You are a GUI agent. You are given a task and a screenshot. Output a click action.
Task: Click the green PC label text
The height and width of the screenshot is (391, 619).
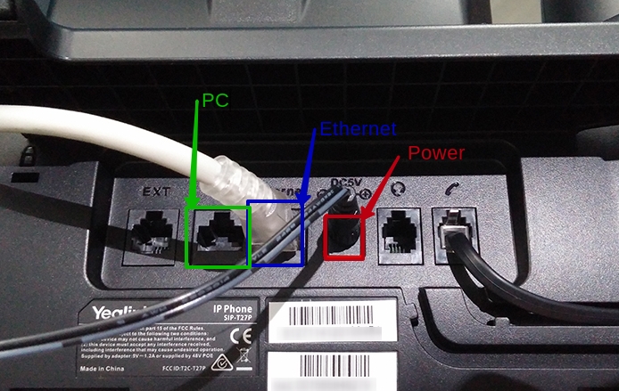[215, 100]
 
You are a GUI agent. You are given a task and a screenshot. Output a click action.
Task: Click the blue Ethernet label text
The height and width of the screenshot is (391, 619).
[358, 128]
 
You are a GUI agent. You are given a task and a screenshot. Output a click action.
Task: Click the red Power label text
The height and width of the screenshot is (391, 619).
[435, 153]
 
